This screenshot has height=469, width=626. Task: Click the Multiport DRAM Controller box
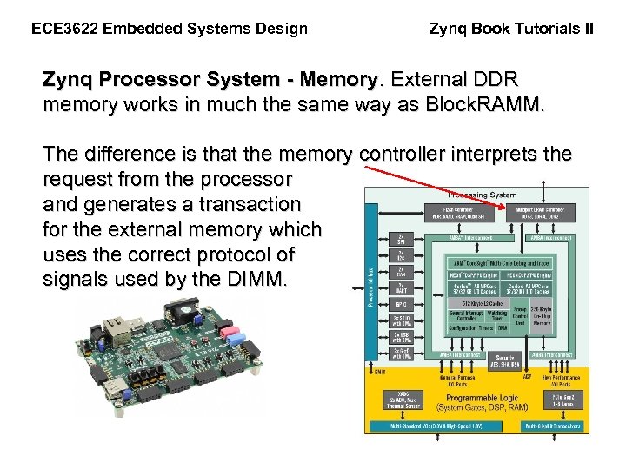point(546,214)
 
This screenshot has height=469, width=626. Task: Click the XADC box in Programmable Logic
point(402,401)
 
